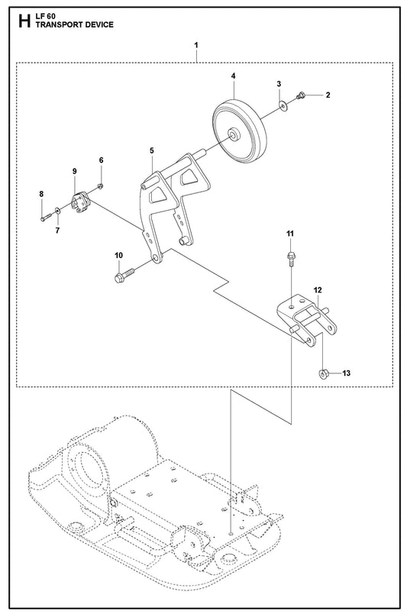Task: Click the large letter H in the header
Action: [x=24, y=21]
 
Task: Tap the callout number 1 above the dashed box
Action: [x=195, y=45]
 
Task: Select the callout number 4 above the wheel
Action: [x=233, y=76]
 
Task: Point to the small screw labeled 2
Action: [x=300, y=95]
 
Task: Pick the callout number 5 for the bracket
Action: [x=152, y=150]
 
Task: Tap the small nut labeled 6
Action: [x=100, y=186]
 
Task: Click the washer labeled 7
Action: [x=58, y=211]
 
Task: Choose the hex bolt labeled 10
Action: [x=124, y=274]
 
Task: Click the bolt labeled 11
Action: [x=290, y=258]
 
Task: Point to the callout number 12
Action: [x=318, y=290]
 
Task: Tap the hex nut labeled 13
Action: [x=323, y=373]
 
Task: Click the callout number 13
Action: [x=346, y=373]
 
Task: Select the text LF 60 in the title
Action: [x=46, y=18]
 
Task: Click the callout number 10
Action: [x=118, y=255]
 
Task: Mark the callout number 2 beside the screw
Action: [x=328, y=95]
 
